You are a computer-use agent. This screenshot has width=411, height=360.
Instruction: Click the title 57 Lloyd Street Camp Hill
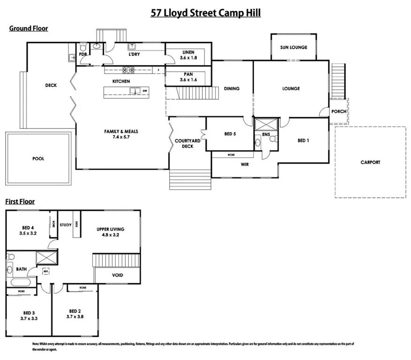pos(205,13)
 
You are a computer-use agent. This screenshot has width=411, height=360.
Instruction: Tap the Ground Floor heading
pos(29,29)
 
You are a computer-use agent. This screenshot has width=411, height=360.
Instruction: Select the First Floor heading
pos(20,202)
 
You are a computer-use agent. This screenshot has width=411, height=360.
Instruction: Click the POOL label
pos(38,159)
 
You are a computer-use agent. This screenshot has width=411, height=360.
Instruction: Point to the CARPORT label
pos(370,162)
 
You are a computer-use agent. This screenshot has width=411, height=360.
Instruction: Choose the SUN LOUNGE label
pos(293,47)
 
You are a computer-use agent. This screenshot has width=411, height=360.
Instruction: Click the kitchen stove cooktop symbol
pos(128,70)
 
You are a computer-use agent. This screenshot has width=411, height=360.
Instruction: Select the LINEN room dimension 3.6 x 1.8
pos(188,58)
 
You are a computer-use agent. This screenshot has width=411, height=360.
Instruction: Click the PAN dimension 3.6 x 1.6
pos(188,80)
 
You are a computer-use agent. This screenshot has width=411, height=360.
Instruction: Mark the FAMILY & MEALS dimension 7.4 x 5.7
pos(121,138)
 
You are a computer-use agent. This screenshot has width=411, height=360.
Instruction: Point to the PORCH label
pos(338,112)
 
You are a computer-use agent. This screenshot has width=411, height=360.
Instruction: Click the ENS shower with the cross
pos(266,125)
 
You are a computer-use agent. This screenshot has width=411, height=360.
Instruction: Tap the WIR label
pos(245,165)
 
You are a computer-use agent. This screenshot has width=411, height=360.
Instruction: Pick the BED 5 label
pos(229,134)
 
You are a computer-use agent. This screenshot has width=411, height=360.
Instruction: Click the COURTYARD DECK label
pos(187,143)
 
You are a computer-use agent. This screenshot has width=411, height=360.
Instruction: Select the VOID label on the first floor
pos(117,275)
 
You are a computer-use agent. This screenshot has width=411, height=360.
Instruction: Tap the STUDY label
pos(66,225)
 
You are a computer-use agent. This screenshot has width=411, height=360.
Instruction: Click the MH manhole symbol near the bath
pos(46,271)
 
